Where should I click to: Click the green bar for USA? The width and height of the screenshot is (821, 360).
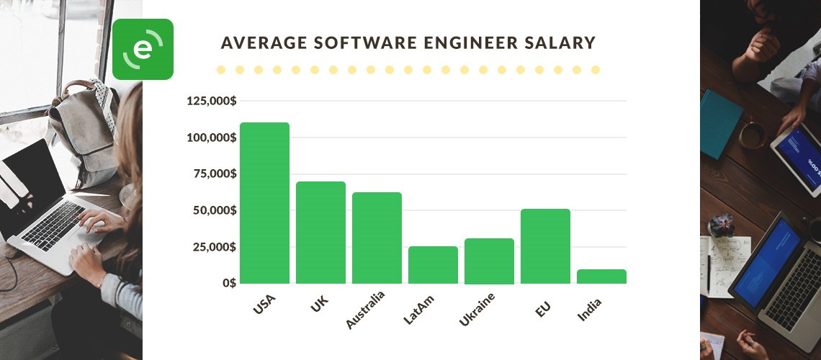point(264,203)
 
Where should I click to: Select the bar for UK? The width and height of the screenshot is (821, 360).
point(320,233)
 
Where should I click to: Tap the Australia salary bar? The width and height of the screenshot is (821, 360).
point(377,238)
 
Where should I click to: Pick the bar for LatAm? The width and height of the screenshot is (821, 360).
point(433,265)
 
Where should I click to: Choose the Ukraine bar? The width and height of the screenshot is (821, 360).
point(489,261)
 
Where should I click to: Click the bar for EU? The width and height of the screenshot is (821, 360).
point(545,246)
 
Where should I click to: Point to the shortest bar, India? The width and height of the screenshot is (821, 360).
point(601,276)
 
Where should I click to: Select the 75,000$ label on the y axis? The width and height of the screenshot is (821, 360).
point(215,174)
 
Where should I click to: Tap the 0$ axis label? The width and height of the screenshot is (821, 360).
point(228,283)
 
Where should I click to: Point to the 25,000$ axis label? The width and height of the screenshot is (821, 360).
point(215,247)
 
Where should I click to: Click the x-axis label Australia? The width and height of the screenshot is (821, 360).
point(365,310)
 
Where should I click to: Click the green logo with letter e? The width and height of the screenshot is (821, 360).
point(143,49)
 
